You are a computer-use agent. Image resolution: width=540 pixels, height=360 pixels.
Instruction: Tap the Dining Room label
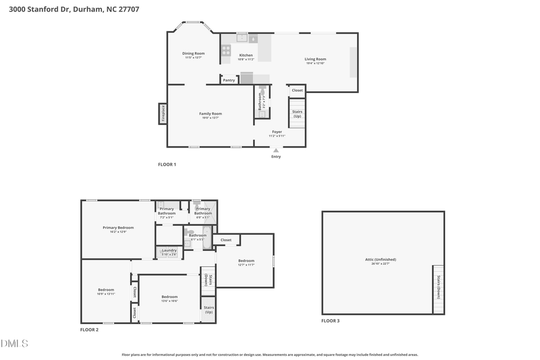tap(193, 54)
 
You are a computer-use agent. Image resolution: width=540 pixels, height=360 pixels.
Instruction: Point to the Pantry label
tap(229, 80)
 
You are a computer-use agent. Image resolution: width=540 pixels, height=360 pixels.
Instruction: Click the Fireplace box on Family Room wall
tap(162, 113)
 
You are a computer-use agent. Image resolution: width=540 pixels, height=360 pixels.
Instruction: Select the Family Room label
tap(211, 114)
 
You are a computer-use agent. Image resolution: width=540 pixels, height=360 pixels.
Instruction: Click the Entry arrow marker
tap(276, 151)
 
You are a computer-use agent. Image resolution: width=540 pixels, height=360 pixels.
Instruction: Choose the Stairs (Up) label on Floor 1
tap(297, 113)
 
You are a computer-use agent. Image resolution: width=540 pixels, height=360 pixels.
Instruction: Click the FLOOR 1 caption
tap(167, 164)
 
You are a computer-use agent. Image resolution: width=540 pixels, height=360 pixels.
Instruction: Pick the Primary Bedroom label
tap(118, 228)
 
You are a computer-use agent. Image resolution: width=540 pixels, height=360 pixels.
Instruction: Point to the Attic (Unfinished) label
tap(380, 260)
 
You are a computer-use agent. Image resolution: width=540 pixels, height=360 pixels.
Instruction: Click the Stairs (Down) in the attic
tap(438, 288)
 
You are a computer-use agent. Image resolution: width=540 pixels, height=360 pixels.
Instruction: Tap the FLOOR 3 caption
tap(330, 321)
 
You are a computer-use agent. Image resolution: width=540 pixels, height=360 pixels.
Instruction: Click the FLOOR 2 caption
tap(89, 329)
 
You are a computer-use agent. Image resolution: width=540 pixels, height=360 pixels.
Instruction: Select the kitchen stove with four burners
tap(226, 50)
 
